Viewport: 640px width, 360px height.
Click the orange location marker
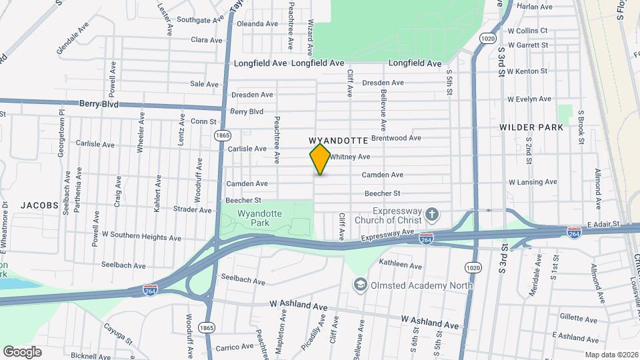click(x=320, y=159)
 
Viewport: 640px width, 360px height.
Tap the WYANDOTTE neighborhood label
click(x=339, y=141)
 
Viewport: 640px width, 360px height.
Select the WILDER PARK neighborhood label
click(x=535, y=127)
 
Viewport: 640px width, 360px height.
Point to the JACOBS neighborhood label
click(x=39, y=205)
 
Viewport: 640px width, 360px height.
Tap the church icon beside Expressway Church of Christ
click(x=433, y=215)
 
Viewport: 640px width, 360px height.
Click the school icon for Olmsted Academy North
click(x=361, y=285)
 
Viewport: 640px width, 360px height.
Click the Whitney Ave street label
click(x=350, y=157)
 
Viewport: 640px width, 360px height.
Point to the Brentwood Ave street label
click(x=396, y=138)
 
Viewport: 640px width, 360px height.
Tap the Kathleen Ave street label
click(x=400, y=265)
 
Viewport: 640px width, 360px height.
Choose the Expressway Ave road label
click(x=388, y=235)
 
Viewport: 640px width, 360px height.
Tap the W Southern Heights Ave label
click(x=141, y=237)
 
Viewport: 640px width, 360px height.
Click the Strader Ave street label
click(x=191, y=209)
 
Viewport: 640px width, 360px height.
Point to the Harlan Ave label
click(x=535, y=6)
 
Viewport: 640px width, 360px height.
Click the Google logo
click(x=22, y=352)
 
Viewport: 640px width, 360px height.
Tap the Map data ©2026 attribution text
click(x=611, y=355)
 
